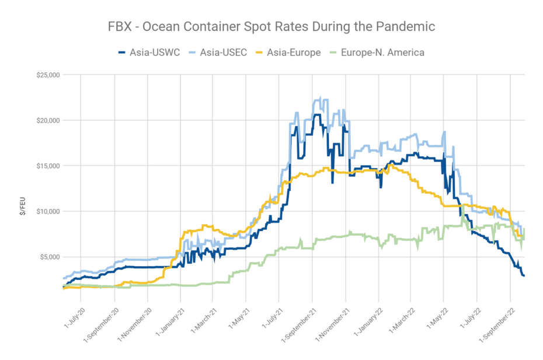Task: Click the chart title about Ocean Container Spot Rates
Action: [271, 27]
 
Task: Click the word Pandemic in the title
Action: [412, 27]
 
